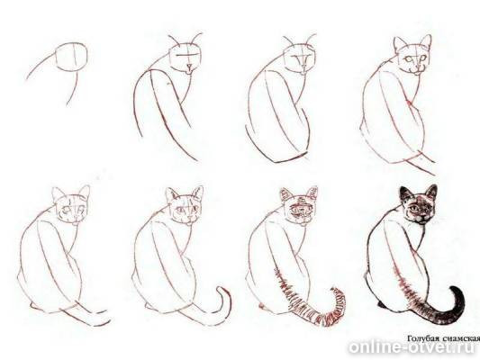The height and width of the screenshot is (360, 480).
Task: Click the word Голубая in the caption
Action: coord(421,338)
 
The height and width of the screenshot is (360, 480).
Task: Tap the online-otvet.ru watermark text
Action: coord(412,347)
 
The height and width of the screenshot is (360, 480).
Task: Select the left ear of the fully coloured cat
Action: coord(406,194)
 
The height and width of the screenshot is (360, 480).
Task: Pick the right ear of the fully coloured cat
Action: coord(431,192)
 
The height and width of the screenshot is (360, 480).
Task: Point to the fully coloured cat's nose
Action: coord(421,214)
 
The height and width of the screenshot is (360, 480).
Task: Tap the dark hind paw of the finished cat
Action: coord(382,304)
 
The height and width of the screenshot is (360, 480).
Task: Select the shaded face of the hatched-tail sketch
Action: coord(303,210)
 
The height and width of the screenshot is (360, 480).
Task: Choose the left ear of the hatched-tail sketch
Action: coord(285,195)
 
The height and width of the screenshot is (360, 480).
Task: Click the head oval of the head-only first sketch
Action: coord(72,58)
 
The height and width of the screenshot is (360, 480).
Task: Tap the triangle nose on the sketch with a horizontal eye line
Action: coord(190,67)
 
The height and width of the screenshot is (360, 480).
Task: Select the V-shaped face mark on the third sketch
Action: coord(303,58)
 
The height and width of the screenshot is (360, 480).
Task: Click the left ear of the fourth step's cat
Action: coord(400,45)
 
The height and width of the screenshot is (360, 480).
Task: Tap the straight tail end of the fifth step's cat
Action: coord(101,321)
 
